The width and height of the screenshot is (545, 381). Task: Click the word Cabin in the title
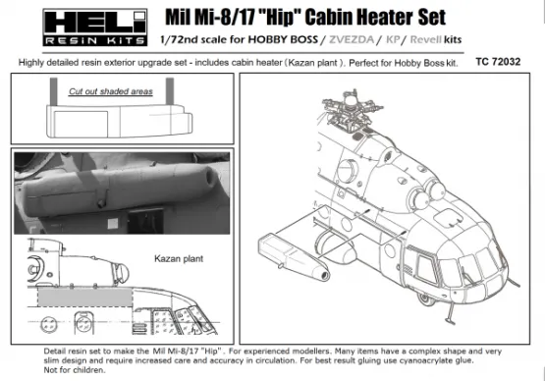coord(292,17)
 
